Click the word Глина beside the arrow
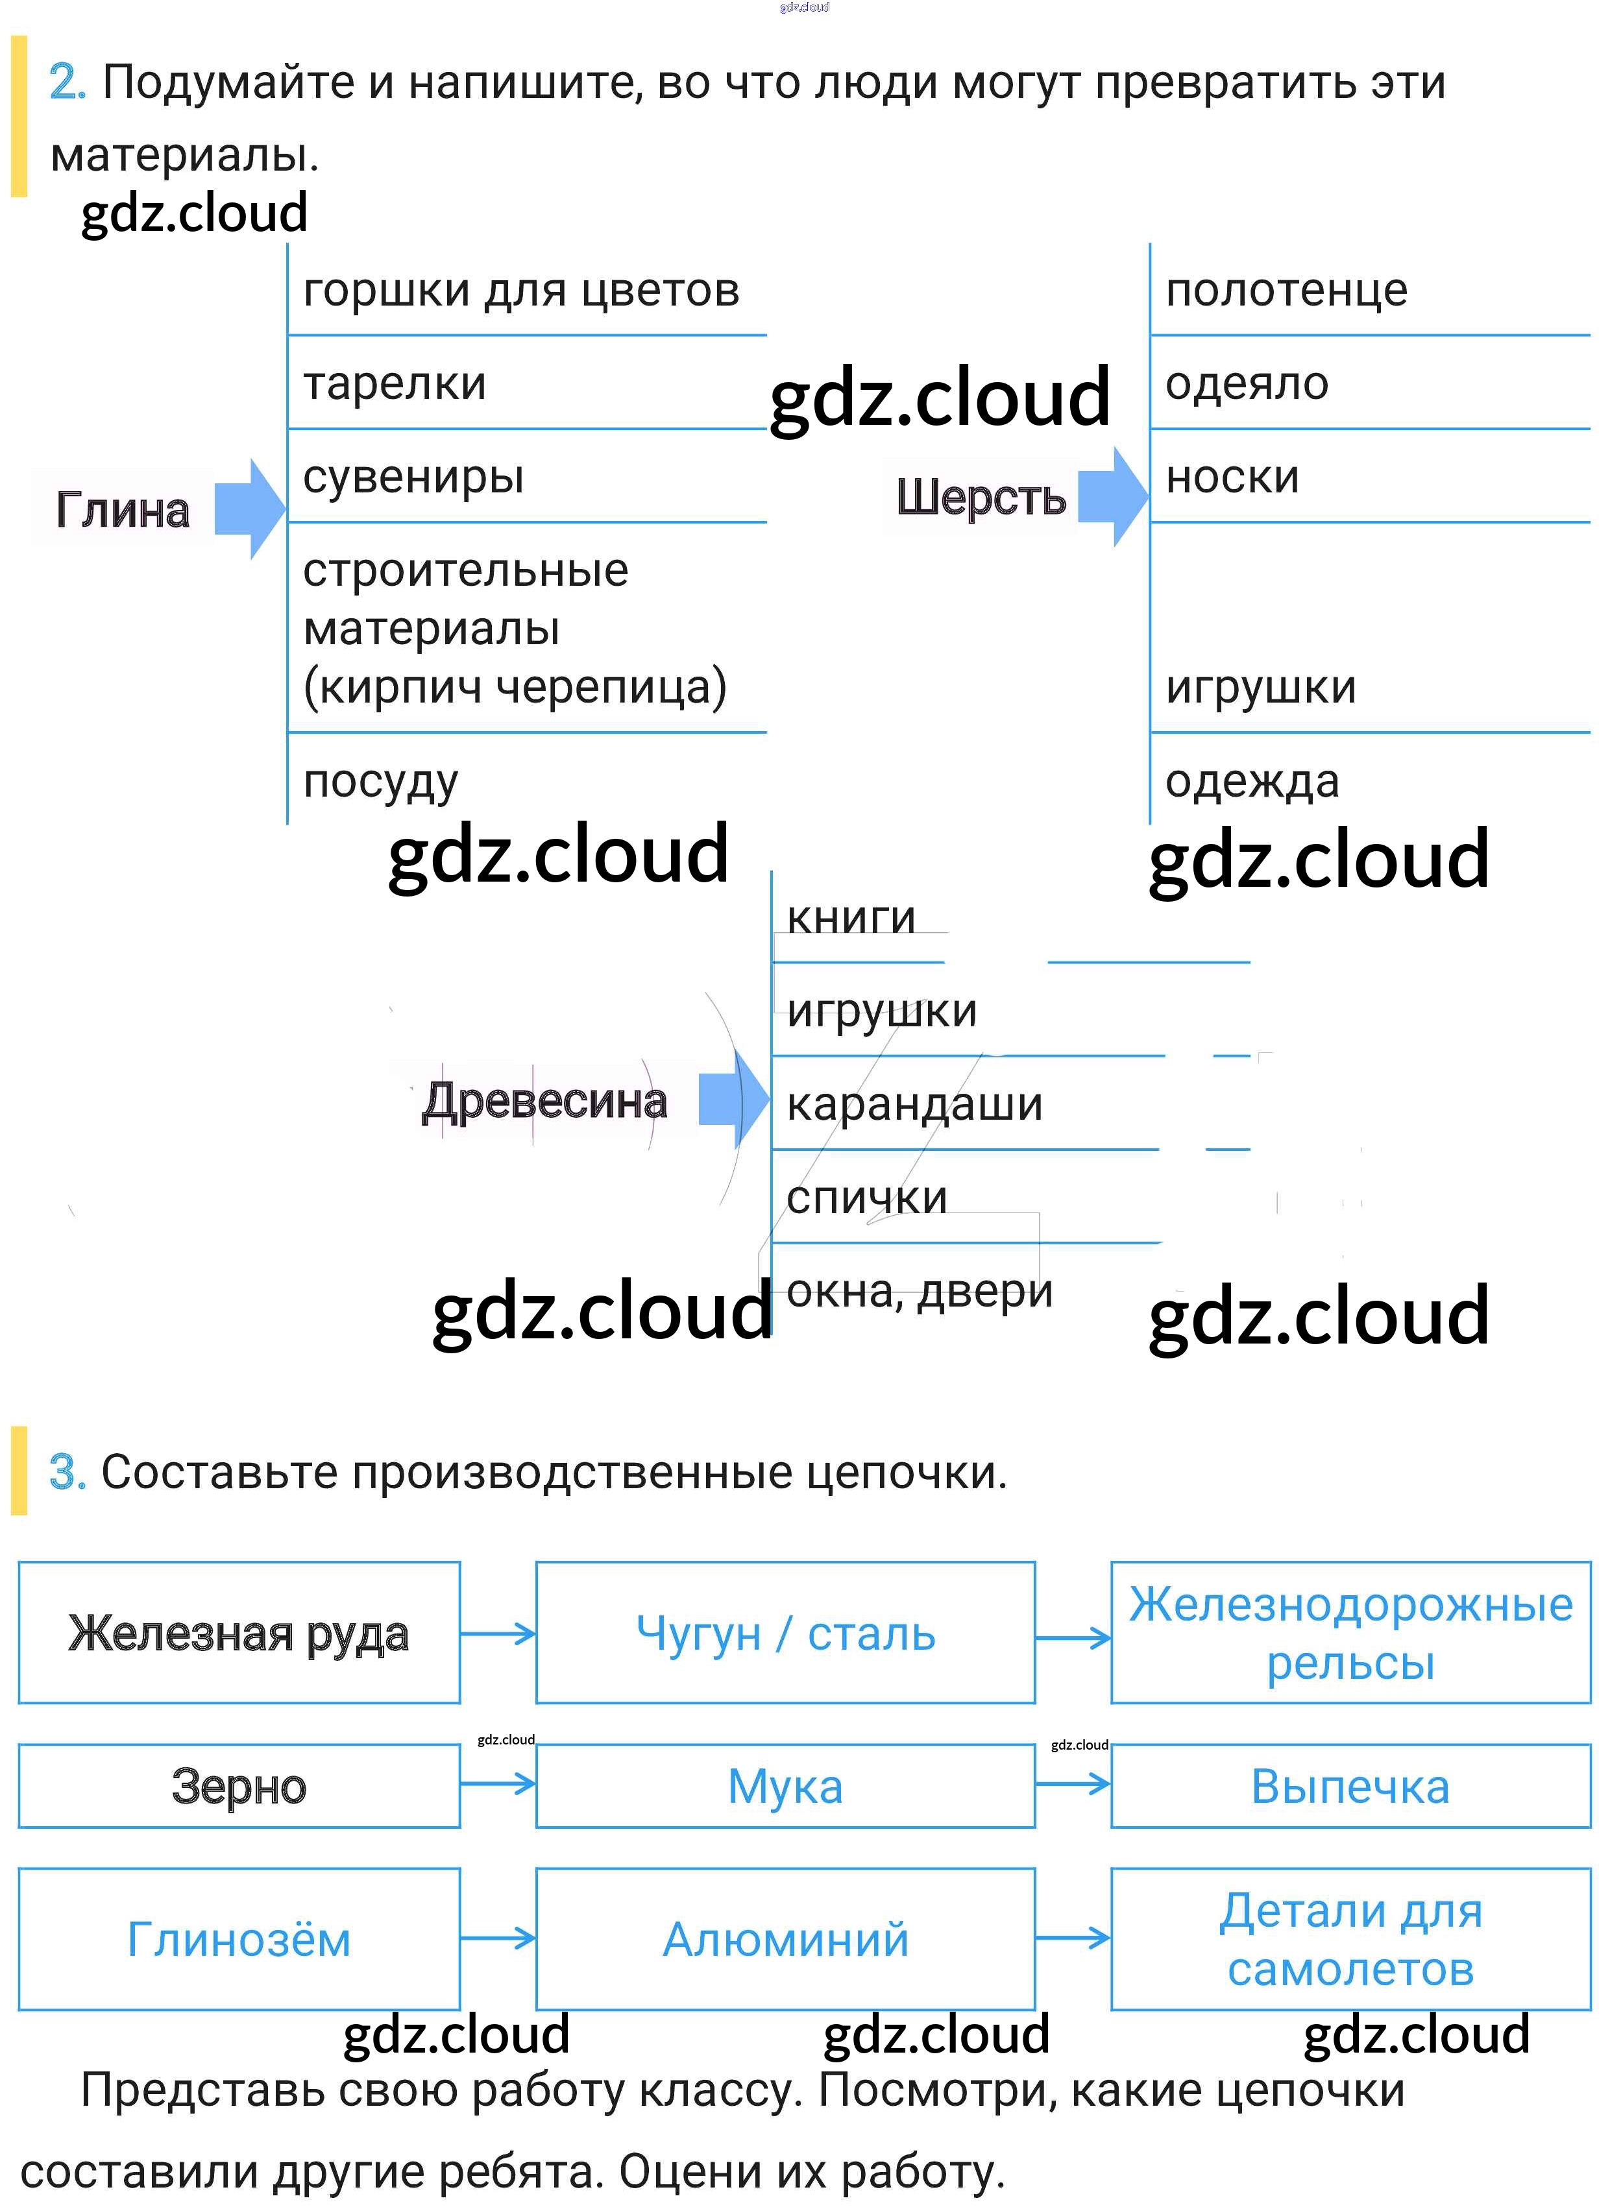tap(123, 510)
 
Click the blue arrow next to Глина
tap(249, 509)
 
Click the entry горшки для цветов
tap(521, 291)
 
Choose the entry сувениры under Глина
tap(413, 477)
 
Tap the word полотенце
tap(1286, 291)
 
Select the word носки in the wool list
tap(1232, 477)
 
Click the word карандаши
tap(914, 1104)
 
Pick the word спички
tap(866, 1198)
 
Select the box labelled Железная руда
tap(239, 1633)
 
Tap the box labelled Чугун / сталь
tap(785, 1633)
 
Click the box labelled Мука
tap(785, 1786)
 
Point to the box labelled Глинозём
tap(239, 1939)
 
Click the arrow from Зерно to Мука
tap(498, 1784)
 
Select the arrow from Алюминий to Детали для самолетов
tap(1072, 1938)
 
